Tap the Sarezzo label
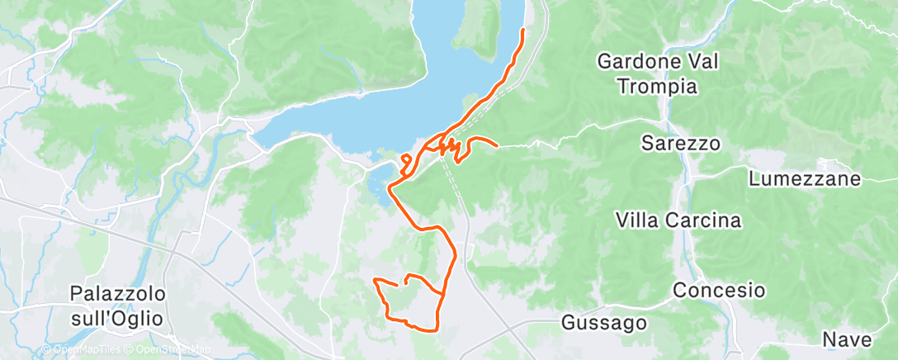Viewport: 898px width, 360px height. click(x=681, y=143)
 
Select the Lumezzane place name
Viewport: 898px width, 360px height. click(x=805, y=178)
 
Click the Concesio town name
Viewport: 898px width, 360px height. click(x=718, y=291)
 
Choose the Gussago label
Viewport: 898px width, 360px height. click(x=603, y=323)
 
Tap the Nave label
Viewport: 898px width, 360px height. click(x=846, y=339)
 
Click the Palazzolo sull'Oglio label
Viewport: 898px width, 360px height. click(x=118, y=306)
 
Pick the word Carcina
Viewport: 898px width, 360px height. click(x=708, y=220)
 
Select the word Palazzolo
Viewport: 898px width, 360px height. click(x=118, y=294)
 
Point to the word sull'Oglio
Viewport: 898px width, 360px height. click(x=118, y=318)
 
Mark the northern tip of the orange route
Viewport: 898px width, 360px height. click(x=523, y=31)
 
